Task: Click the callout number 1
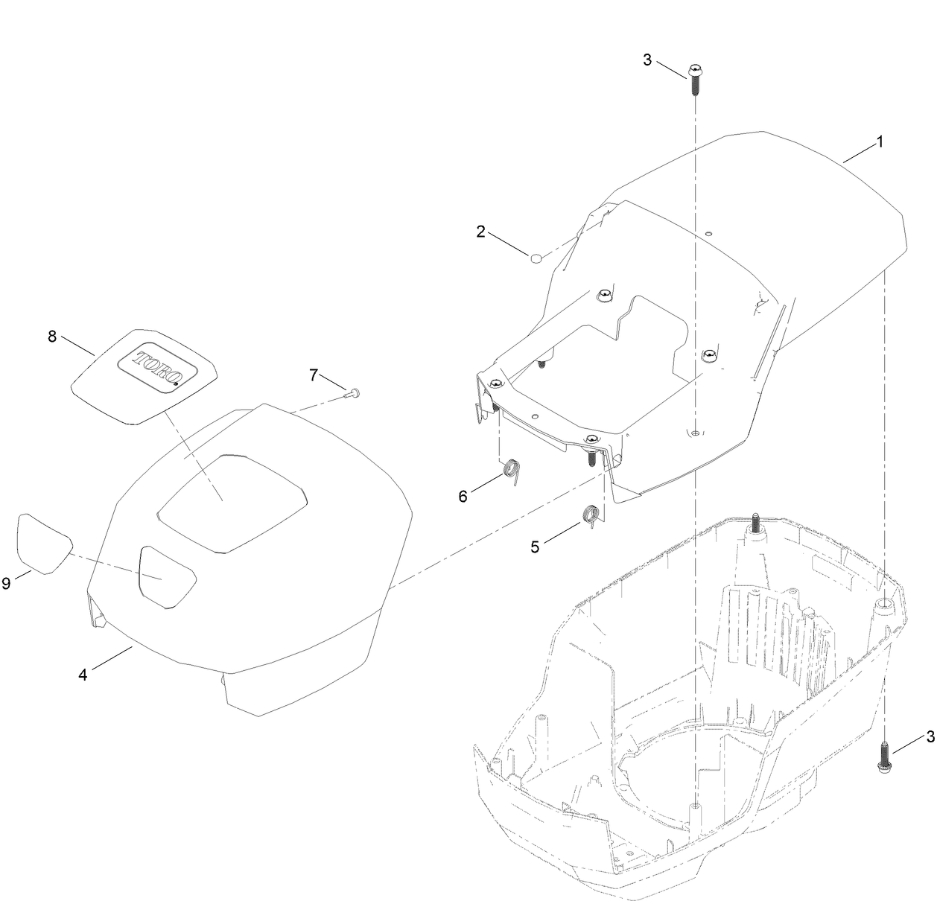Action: (880, 142)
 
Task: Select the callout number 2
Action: (480, 232)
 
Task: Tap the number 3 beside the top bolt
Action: (647, 60)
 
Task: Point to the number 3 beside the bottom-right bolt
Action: (930, 737)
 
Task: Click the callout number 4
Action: (83, 675)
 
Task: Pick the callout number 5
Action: (535, 547)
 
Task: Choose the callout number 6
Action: (463, 497)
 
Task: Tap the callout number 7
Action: (314, 375)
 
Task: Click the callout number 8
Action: (52, 337)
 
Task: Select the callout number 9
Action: (6, 584)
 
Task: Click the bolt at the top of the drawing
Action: (695, 80)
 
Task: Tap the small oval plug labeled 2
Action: (536, 258)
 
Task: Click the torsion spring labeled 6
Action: (512, 471)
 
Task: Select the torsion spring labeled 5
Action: (591, 516)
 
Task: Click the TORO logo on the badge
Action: (158, 370)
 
